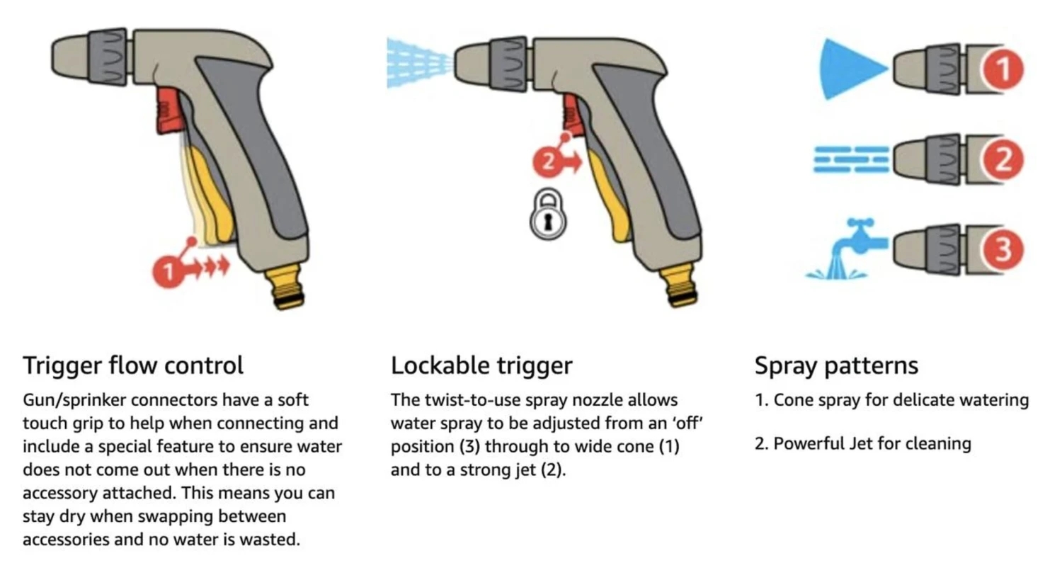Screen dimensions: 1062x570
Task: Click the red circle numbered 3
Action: point(1003,249)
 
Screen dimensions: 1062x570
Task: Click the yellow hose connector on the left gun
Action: point(286,287)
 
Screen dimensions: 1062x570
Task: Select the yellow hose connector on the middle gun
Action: point(680,285)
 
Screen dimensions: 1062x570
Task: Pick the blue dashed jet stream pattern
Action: point(852,159)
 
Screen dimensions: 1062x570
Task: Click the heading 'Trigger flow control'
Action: point(133,365)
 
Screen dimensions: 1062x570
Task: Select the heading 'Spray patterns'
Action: point(836,365)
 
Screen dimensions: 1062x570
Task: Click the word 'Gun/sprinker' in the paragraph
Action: point(74,401)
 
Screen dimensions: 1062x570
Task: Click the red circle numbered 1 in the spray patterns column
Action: point(1003,69)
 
